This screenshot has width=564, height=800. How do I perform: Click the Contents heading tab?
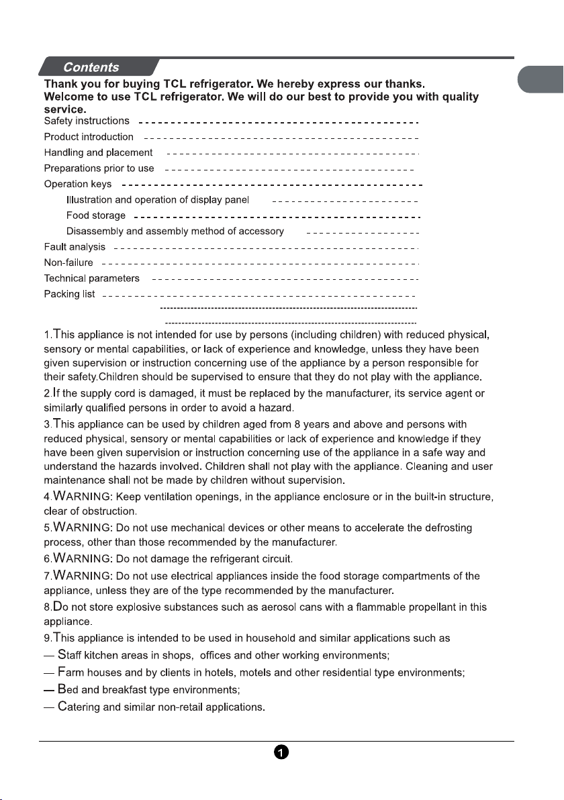pyautogui.click(x=91, y=67)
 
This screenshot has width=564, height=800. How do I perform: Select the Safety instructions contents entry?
pyautogui.click(x=87, y=121)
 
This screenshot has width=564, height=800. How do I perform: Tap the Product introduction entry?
pyautogui.click(x=89, y=137)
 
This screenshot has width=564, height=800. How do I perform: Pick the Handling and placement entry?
pyautogui.click(x=98, y=153)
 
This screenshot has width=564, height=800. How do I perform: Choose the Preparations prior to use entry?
pyautogui.click(x=99, y=168)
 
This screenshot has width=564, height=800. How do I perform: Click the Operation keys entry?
pyautogui.click(x=78, y=184)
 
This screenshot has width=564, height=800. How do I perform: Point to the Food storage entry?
pyautogui.click(x=95, y=215)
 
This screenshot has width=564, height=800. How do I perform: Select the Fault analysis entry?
pyautogui.click(x=75, y=247)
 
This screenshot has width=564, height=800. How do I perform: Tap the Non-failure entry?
pyautogui.click(x=68, y=262)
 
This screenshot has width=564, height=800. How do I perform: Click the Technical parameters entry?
pyautogui.click(x=92, y=278)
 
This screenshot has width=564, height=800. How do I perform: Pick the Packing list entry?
pyautogui.click(x=69, y=294)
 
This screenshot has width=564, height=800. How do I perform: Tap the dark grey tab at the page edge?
pyautogui.click(x=543, y=79)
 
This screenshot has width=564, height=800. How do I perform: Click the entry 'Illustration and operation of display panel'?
pyautogui.click(x=158, y=200)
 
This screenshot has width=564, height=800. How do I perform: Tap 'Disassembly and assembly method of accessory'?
pyautogui.click(x=175, y=232)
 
